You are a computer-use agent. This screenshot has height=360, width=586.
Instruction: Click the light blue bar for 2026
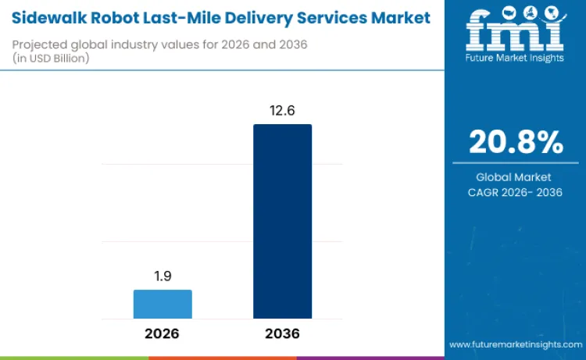point(163,304)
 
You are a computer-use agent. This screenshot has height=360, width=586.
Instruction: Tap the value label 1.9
point(163,277)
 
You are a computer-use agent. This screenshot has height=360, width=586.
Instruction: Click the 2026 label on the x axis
point(163,333)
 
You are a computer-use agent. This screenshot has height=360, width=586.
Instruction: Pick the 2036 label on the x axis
point(282,333)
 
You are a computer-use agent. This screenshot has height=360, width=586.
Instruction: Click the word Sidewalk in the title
point(46,18)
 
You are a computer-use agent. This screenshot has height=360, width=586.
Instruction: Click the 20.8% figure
point(515,142)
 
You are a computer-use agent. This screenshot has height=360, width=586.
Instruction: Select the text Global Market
point(515,177)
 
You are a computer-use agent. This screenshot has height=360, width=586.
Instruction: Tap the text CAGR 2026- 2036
point(515,192)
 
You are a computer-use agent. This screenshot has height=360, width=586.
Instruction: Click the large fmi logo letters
point(515,33)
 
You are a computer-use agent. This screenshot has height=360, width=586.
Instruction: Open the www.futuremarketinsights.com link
point(515,344)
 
